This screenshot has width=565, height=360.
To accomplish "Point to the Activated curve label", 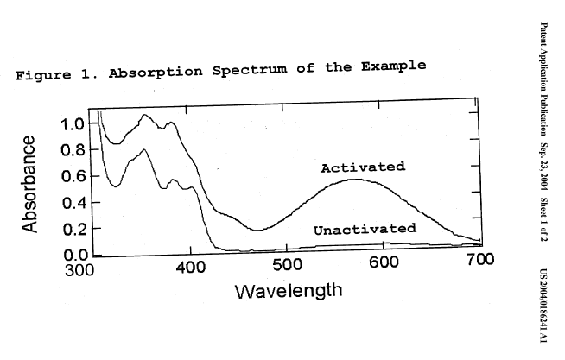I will tap(363, 167).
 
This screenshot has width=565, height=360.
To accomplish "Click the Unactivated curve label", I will tap(364, 230).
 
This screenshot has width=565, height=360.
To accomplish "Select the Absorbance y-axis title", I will tap(30, 183).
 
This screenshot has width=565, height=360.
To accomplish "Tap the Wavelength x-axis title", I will tap(288, 291).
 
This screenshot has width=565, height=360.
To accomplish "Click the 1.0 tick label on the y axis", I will tap(73, 124).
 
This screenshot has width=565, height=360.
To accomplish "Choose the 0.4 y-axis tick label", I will tap(73, 205).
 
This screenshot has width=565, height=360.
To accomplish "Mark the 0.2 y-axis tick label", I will tap(73, 231).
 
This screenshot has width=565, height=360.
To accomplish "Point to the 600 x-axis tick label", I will tap(383, 263).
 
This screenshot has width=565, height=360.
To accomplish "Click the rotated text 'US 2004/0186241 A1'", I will tap(550, 292).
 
